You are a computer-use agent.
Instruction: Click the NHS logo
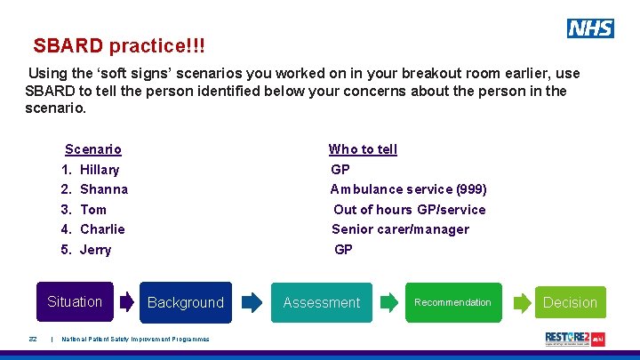[x=590, y=28]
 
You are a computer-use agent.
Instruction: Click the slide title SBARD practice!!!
[x=124, y=44]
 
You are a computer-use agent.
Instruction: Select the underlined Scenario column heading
[x=93, y=149]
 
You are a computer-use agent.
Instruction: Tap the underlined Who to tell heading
[x=363, y=149]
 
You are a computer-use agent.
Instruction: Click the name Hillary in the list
[x=100, y=170]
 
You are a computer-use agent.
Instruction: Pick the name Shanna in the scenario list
[x=104, y=189]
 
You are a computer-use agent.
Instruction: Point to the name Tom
[x=93, y=210]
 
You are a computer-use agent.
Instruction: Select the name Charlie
[x=102, y=229]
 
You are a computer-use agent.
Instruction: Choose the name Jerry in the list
[x=96, y=250]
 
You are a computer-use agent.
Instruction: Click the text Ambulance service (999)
[x=409, y=189]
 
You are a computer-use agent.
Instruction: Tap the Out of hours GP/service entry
[x=410, y=210]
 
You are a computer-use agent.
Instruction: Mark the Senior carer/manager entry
[x=400, y=229]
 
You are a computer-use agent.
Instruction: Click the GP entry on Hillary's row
[x=340, y=170]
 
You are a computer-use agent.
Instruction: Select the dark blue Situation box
[x=75, y=302]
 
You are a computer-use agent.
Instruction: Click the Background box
[x=186, y=302]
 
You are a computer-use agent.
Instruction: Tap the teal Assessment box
[x=321, y=302]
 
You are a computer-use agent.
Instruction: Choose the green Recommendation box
[x=452, y=302]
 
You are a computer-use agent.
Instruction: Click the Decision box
[x=570, y=302]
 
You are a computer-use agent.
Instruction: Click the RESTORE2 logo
[x=574, y=339]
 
